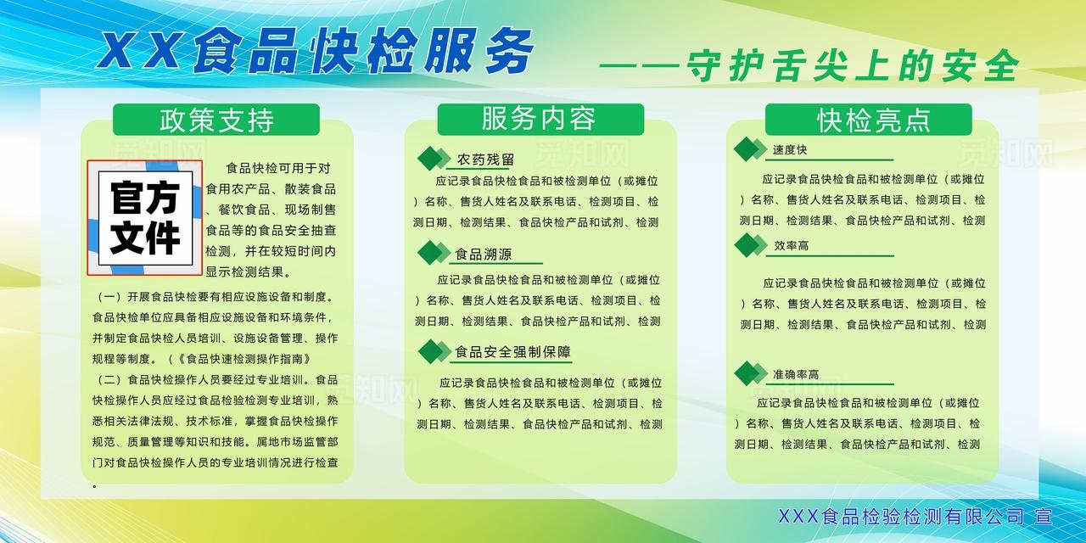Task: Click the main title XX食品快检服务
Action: [x=315, y=51]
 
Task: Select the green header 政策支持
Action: [x=216, y=120]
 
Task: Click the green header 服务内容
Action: [x=540, y=120]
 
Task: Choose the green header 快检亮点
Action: [x=868, y=120]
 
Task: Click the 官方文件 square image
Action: [x=145, y=218]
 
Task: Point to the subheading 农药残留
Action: [x=485, y=160]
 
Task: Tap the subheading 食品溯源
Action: [x=483, y=254]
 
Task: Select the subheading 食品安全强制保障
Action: [x=512, y=352]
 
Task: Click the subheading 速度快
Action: [x=790, y=150]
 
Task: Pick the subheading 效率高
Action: [x=792, y=246]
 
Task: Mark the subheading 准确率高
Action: [x=796, y=374]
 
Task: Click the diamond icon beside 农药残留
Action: [x=434, y=159]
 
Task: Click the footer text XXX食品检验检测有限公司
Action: [x=901, y=517]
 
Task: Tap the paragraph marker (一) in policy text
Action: [x=107, y=297]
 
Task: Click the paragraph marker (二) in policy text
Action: [x=107, y=379]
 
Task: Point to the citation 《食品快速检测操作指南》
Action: [x=243, y=359]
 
